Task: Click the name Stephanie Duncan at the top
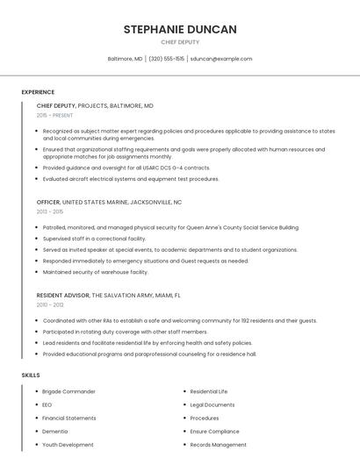pyautogui.click(x=180, y=29)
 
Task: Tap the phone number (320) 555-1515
pyautogui.click(x=167, y=59)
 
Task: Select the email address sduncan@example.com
pyautogui.click(x=221, y=59)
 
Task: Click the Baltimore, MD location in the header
pyautogui.click(x=125, y=59)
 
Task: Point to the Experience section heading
pyautogui.click(x=38, y=92)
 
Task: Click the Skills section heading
pyautogui.click(x=31, y=375)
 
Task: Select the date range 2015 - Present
pyautogui.click(x=54, y=115)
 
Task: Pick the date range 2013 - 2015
pyautogui.click(x=50, y=211)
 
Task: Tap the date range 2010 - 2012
pyautogui.click(x=50, y=304)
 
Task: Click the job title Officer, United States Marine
pyautogui.click(x=109, y=202)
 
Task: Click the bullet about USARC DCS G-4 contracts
pyautogui.click(x=126, y=168)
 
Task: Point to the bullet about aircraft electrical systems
pyautogui.click(x=131, y=179)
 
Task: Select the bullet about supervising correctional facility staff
pyautogui.click(x=94, y=238)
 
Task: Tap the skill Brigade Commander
pyautogui.click(x=68, y=391)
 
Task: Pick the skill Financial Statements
pyautogui.click(x=69, y=418)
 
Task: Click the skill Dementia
pyautogui.click(x=54, y=432)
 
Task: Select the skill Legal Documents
pyautogui.click(x=212, y=404)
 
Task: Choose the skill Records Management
pyautogui.click(x=218, y=445)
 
